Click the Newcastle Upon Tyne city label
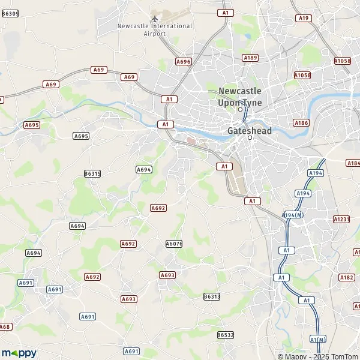click(x=240, y=97)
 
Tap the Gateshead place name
click(x=250, y=130)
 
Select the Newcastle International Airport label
click(x=155, y=30)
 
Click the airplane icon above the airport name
click(x=155, y=18)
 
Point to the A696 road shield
click(x=184, y=61)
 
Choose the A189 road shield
click(x=250, y=58)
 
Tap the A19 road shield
click(x=304, y=18)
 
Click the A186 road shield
click(x=301, y=122)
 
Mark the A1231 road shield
click(x=341, y=220)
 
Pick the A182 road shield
click(x=347, y=277)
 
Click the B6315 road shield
click(x=92, y=173)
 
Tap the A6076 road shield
click(x=173, y=244)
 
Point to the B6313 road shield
click(x=212, y=296)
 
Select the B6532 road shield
click(x=226, y=335)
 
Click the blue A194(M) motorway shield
click(x=292, y=215)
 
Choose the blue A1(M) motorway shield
click(x=317, y=340)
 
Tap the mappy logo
click(x=19, y=353)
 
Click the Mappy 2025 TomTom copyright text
click(x=317, y=356)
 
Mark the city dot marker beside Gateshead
click(x=250, y=138)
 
